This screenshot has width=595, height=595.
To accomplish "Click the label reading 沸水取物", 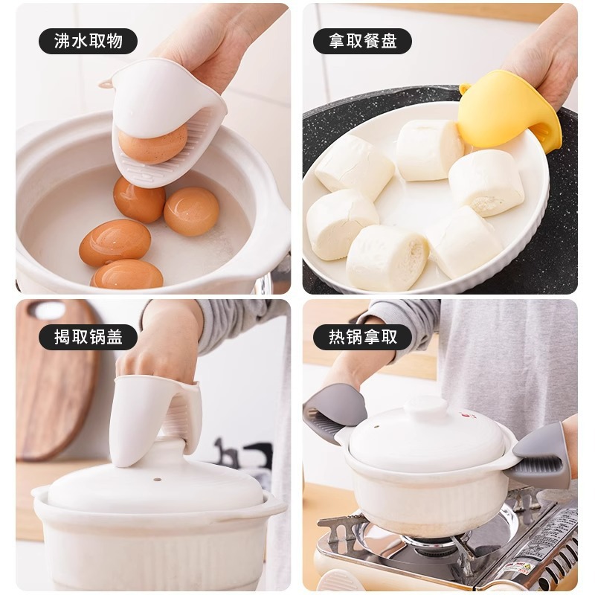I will (x=88, y=41).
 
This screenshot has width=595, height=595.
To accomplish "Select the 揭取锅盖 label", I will (x=88, y=337).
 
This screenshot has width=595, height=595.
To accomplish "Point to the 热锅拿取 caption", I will (x=362, y=337).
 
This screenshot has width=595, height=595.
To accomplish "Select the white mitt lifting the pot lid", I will (x=152, y=416).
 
